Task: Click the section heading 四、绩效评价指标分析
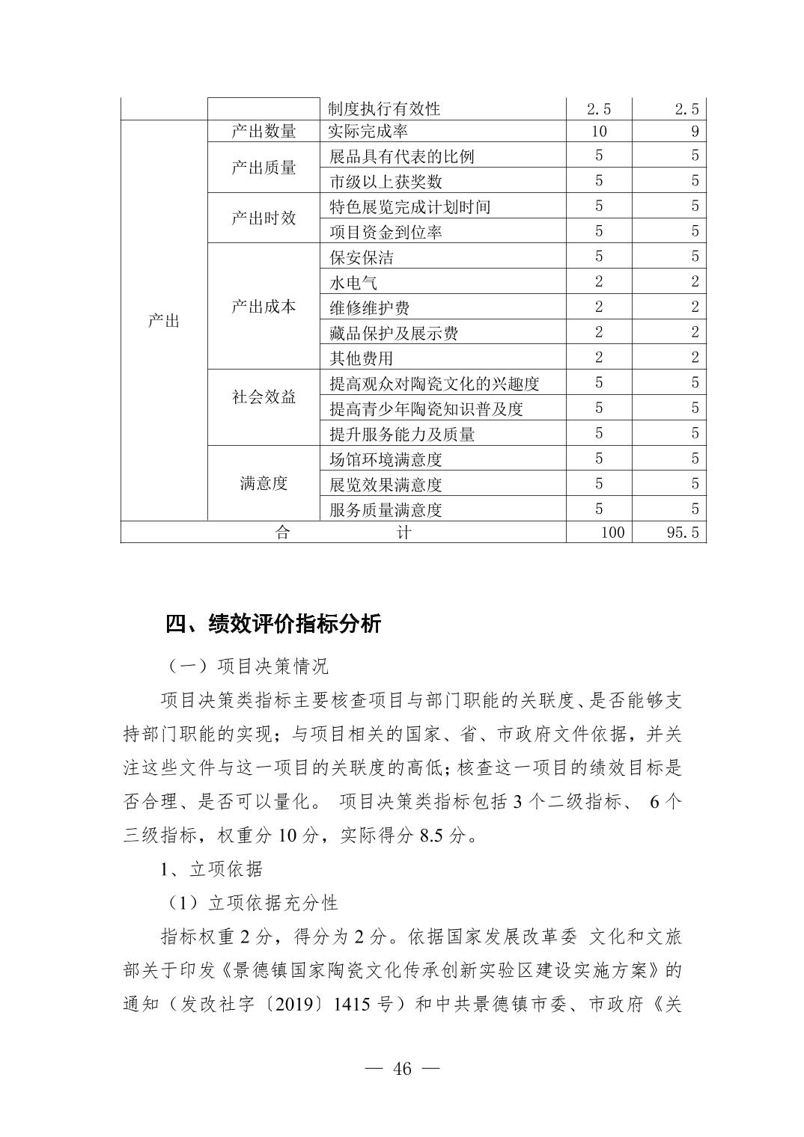click(x=273, y=624)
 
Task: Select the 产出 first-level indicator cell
click(x=163, y=321)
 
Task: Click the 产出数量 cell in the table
click(x=264, y=132)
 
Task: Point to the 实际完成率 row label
click(x=368, y=132)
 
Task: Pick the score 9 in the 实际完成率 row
click(x=695, y=132)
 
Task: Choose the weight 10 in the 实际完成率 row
click(x=598, y=132)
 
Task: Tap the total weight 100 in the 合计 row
click(x=612, y=533)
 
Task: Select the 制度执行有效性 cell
click(x=384, y=108)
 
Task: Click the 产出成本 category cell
click(x=264, y=307)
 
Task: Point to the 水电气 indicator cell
click(x=353, y=283)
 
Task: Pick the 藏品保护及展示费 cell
click(x=394, y=333)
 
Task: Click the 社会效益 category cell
click(x=264, y=396)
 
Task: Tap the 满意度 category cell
click(x=264, y=483)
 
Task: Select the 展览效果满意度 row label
click(x=386, y=484)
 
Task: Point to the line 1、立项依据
click(x=211, y=868)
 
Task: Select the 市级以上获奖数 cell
click(x=386, y=181)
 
